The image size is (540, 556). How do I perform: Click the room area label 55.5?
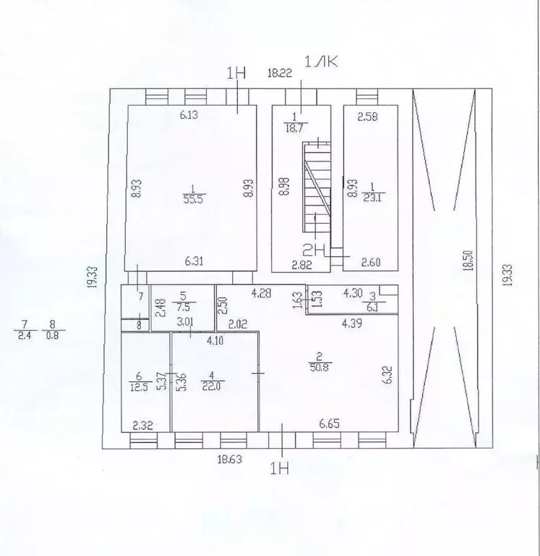193,200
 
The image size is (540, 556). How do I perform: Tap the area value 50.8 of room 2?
320,367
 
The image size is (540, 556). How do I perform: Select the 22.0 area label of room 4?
212,386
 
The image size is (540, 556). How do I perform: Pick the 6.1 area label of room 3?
372,308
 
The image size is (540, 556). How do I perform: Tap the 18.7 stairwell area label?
294,128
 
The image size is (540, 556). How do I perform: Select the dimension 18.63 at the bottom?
230,460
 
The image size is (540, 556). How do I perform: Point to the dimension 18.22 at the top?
280,73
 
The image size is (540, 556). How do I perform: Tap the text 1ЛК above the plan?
321,62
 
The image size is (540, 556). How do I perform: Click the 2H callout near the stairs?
314,250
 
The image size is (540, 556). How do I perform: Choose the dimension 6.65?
329,424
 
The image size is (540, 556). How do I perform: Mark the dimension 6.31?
194,261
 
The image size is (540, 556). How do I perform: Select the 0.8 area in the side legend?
52,335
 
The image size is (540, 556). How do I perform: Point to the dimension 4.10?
215,341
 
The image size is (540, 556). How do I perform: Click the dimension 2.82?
301,264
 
